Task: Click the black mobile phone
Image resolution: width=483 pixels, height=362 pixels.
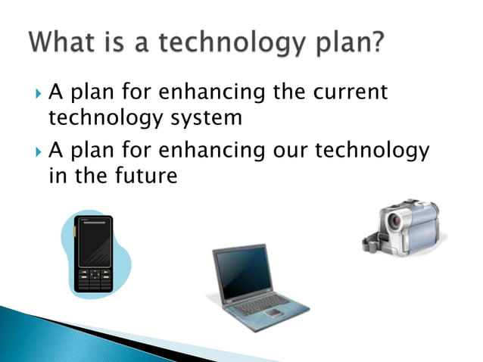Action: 95,254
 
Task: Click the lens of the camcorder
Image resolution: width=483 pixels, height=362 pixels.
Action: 395,221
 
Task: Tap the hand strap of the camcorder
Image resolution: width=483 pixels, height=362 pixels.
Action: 379,242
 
